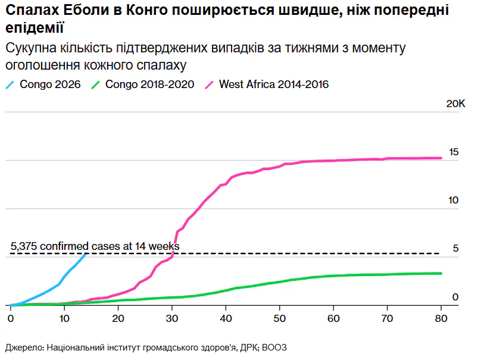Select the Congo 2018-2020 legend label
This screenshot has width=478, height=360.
pyautogui.click(x=149, y=84)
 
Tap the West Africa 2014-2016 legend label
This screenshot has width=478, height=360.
pyautogui.click(x=274, y=84)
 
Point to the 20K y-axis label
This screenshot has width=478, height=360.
pyautogui.click(x=456, y=104)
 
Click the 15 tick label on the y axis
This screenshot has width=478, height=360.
pyautogui.click(x=454, y=152)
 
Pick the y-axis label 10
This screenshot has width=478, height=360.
pyautogui.click(x=454, y=201)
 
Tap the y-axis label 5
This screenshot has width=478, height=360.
pyautogui.click(x=455, y=249)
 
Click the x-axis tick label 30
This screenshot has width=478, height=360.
pyautogui.click(x=172, y=318)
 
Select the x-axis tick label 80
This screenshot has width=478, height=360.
pyautogui.click(x=441, y=318)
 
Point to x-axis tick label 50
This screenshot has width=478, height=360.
pyautogui.click(x=280, y=318)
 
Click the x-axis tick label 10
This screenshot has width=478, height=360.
pyautogui.click(x=64, y=318)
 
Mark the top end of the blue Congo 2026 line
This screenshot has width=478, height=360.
pyautogui.click(x=86, y=253)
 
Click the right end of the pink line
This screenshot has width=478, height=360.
pyautogui.click(x=441, y=158)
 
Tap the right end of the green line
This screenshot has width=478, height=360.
pyautogui.click(x=441, y=274)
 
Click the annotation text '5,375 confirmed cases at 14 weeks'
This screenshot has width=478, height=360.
pyautogui.click(x=95, y=246)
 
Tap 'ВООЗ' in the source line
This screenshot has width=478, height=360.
pyautogui.click(x=274, y=348)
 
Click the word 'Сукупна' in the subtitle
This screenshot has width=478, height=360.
pyautogui.click(x=31, y=48)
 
